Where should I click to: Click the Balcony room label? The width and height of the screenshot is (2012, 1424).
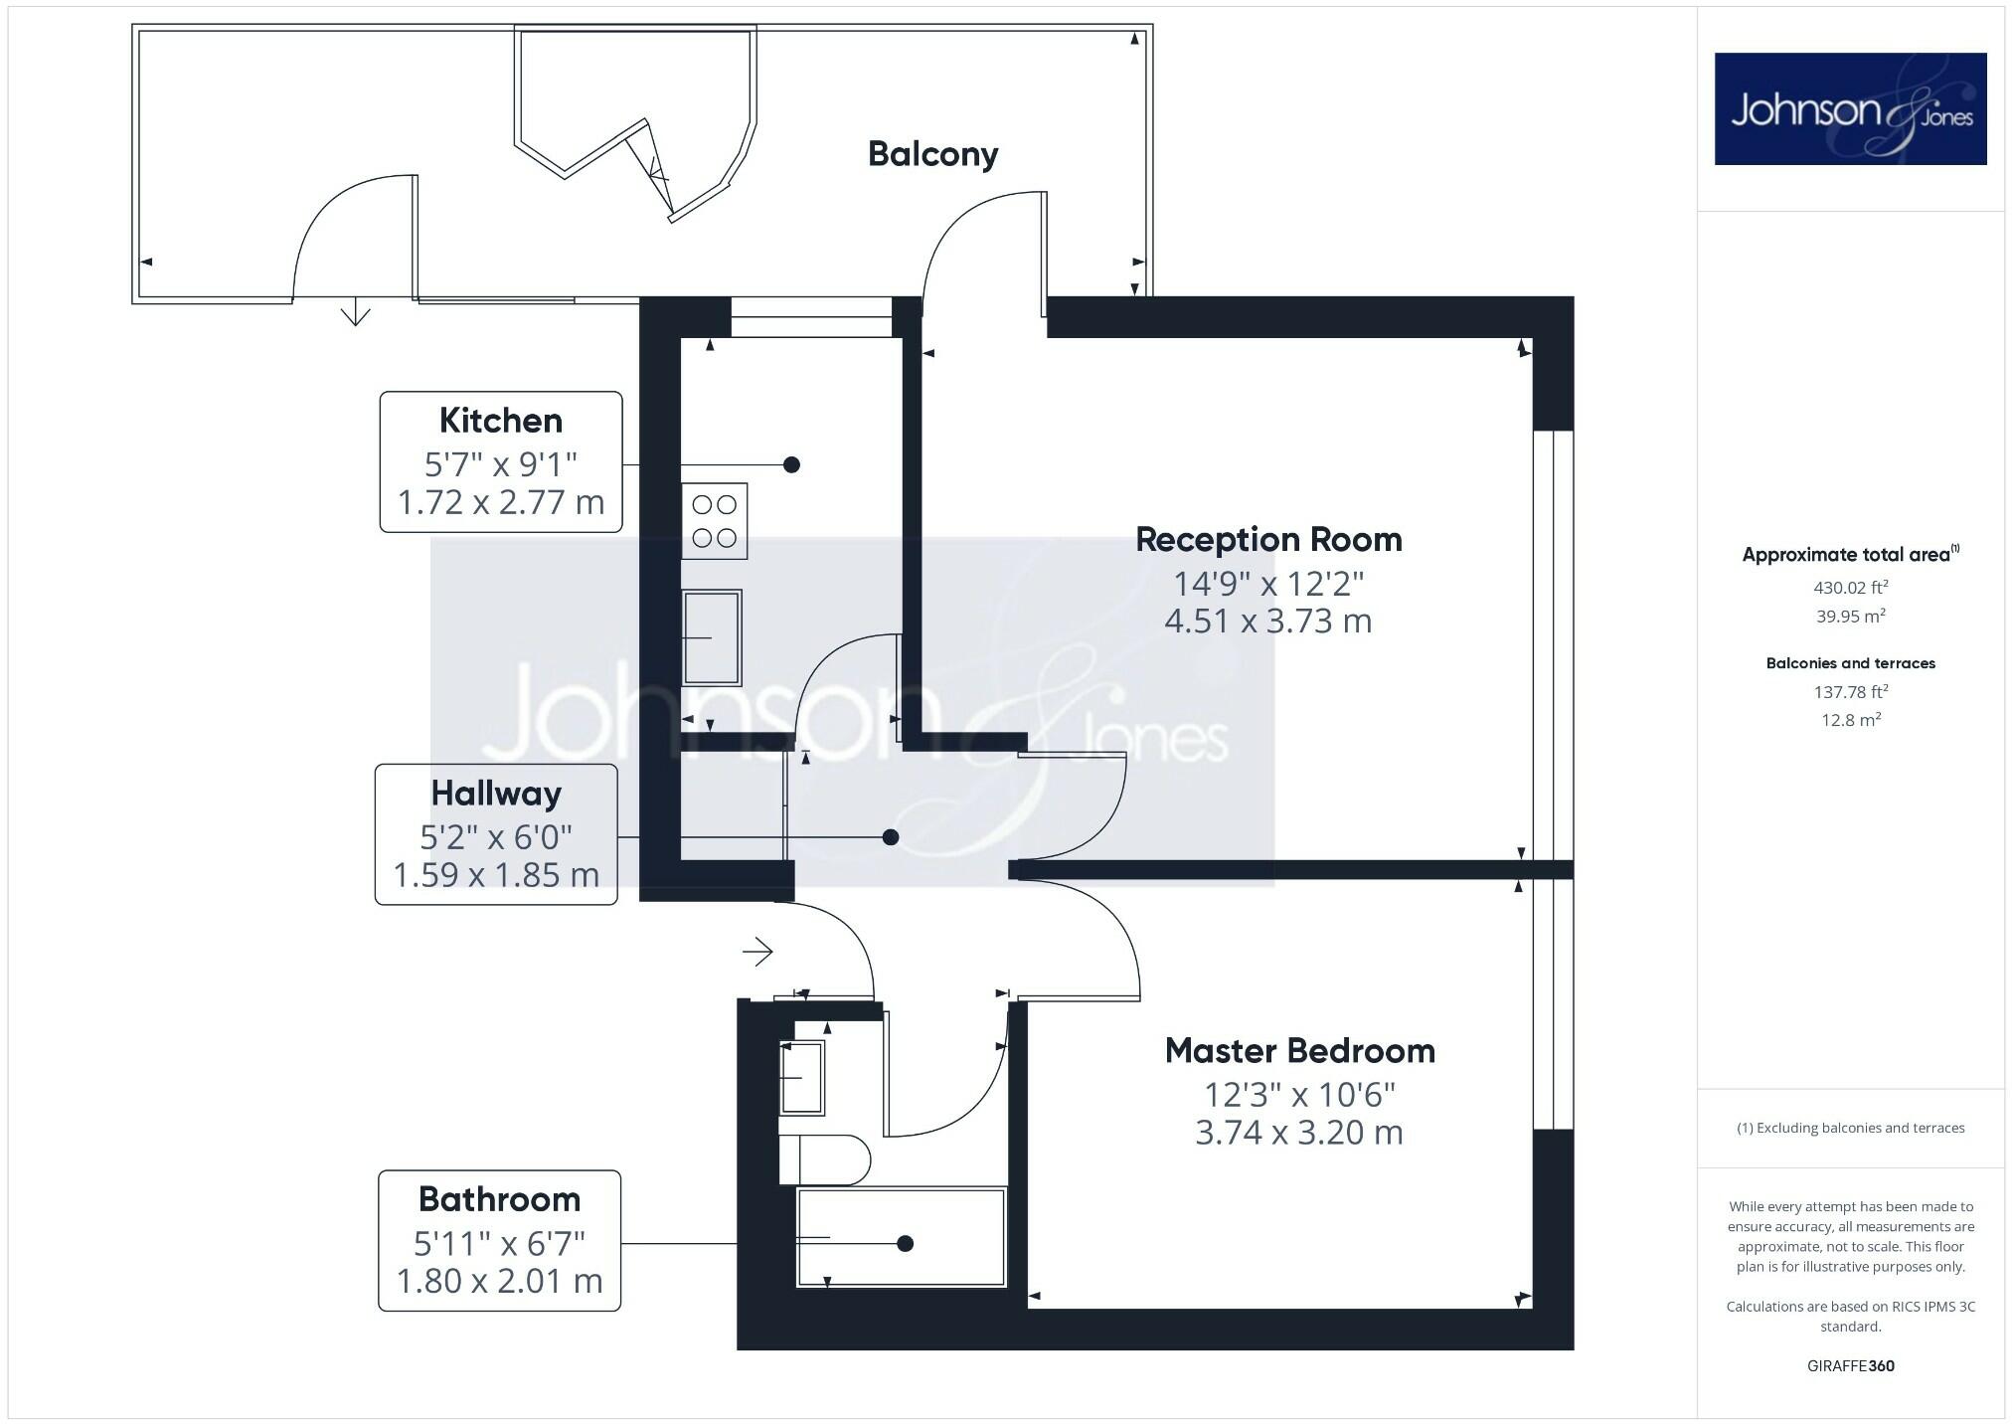coord(932,154)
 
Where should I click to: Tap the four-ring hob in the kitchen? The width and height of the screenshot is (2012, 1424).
coord(714,521)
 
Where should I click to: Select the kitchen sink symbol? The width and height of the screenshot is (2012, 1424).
coord(712,637)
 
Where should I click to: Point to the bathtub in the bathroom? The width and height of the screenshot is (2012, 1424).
coord(901,1237)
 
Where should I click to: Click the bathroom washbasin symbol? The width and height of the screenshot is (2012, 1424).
coord(801,1077)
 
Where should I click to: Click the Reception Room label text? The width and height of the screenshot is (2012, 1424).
coord(1268,540)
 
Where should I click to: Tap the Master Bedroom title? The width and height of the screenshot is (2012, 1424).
coord(1299,1051)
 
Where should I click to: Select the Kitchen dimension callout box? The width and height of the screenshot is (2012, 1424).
coord(501,462)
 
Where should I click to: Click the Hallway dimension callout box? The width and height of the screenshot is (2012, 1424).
coord(496,834)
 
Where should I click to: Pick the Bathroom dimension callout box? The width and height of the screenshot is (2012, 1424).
coord(499,1241)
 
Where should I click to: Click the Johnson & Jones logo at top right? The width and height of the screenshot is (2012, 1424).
coord(1850,109)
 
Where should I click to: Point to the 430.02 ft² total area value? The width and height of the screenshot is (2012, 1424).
coord(1850,588)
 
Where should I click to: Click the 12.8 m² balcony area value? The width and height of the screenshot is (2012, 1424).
coord(1850,720)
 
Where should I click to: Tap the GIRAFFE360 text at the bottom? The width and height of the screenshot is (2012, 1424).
coord(1850,1366)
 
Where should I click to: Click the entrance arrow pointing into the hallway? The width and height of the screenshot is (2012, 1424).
coord(758,952)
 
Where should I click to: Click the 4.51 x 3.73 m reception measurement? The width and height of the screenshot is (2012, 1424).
coord(1267,622)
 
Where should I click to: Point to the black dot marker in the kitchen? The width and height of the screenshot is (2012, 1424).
coord(791,464)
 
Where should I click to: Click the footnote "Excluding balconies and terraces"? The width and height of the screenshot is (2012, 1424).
coord(1850,1128)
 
